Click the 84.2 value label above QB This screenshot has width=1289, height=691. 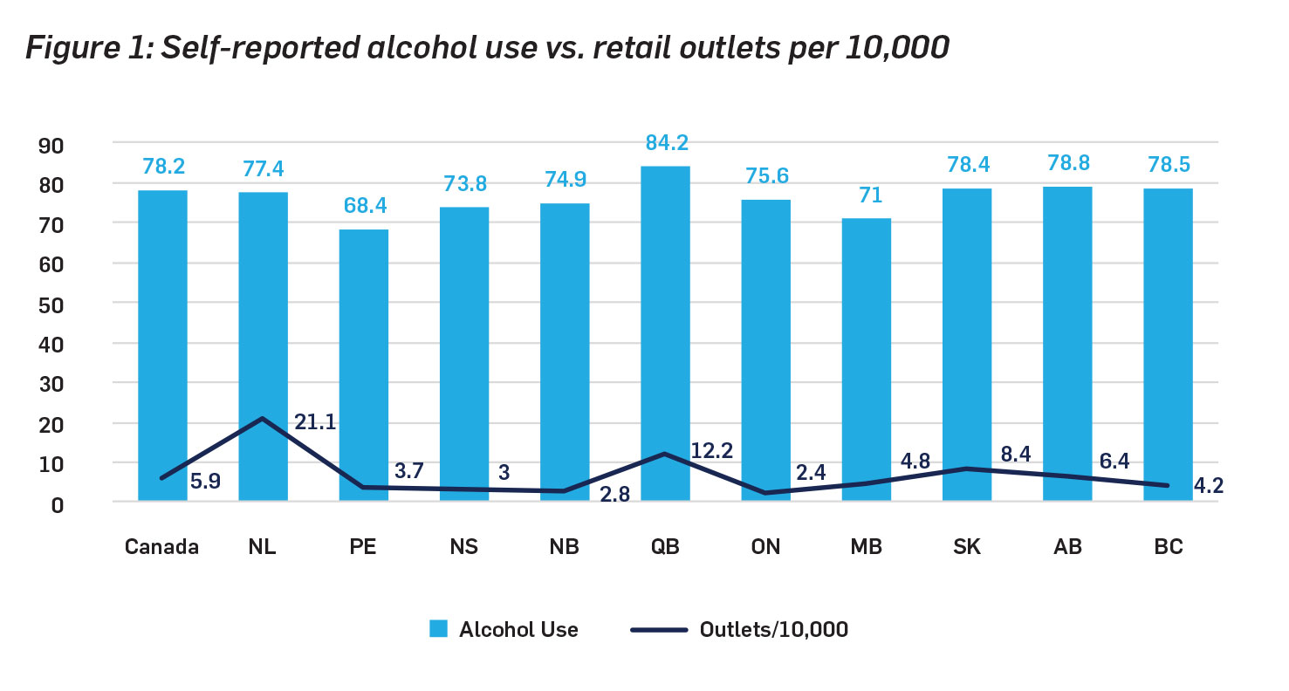(x=665, y=143)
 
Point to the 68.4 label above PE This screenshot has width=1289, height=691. (x=364, y=207)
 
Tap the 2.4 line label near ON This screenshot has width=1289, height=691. (x=812, y=474)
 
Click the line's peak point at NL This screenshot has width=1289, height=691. (x=262, y=419)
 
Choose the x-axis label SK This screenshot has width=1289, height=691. (x=967, y=547)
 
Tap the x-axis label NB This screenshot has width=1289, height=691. (x=565, y=547)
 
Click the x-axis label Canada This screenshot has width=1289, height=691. (x=162, y=547)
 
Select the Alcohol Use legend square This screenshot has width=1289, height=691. (x=438, y=629)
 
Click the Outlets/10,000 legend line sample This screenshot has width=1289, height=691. (x=658, y=629)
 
